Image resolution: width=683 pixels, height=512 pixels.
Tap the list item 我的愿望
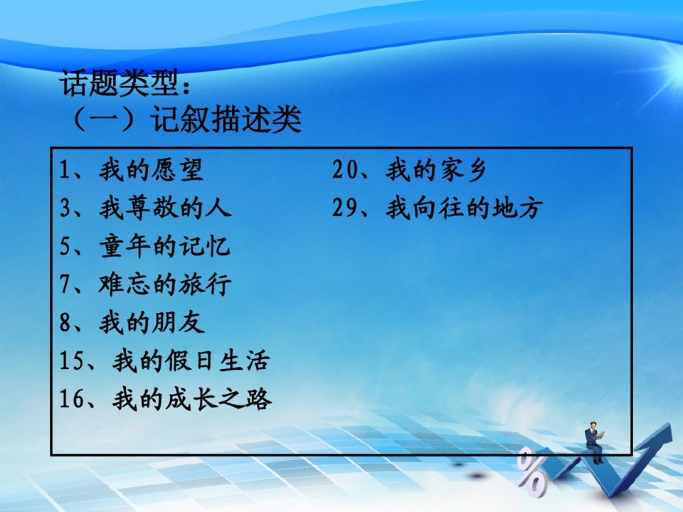151,170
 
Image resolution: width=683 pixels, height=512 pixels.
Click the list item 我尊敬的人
165,208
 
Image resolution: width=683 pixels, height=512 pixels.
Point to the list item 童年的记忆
164,246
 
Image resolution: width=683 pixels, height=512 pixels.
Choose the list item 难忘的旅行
164,284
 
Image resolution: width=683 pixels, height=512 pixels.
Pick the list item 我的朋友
152,323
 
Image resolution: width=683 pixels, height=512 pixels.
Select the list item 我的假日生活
191,361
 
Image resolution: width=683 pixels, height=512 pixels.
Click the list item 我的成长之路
192,399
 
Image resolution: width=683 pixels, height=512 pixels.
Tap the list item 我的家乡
435,170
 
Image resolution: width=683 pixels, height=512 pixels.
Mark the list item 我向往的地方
464,208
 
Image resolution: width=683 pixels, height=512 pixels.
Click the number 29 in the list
345,208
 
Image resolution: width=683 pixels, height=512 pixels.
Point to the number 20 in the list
345,170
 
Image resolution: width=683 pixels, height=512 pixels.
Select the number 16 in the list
72,399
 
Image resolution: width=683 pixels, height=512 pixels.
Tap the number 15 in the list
72,361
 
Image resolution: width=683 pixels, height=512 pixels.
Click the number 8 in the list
65,323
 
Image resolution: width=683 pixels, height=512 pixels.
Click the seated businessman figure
595,442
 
